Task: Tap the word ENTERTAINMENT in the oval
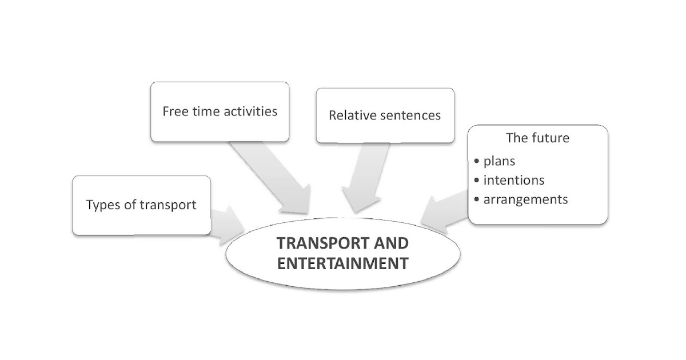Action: [342, 263]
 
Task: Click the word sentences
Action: [410, 115]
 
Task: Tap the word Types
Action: [103, 205]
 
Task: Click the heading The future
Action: [537, 138]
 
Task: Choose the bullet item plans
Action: [499, 161]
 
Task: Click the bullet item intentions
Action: [513, 180]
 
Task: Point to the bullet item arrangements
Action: [525, 199]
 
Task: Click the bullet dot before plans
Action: [477, 161]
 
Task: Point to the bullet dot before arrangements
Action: [477, 199]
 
